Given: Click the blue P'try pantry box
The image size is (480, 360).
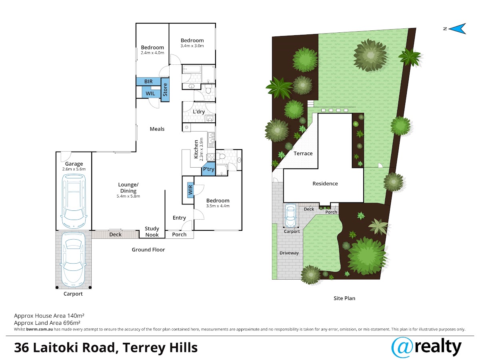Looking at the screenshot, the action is (208, 169).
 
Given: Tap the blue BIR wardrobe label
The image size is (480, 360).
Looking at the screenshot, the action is (148, 82).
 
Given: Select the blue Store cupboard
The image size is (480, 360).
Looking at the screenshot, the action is (165, 90).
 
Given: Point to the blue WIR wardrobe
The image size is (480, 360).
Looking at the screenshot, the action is (190, 190).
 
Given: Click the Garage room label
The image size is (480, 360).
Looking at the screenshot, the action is (74, 164).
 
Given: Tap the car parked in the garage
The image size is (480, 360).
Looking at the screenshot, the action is (74, 201).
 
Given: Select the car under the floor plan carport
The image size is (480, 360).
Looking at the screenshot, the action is (74, 260).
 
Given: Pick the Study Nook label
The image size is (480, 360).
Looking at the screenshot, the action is (152, 232).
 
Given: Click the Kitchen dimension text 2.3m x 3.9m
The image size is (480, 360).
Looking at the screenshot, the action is (202, 149).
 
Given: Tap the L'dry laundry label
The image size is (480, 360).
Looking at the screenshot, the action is (198, 112).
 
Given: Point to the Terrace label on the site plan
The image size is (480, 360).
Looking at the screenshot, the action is (303, 154).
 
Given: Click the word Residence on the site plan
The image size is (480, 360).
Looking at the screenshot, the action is (325, 184).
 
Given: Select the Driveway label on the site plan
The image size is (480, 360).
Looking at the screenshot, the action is (289, 253).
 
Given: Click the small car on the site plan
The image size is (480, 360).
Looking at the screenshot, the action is (291, 215).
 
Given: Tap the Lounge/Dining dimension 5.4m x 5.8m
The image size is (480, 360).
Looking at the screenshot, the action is (128, 196).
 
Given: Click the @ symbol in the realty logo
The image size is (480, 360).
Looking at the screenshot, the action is (402, 348).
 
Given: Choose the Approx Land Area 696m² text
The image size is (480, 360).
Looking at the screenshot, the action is (47, 323).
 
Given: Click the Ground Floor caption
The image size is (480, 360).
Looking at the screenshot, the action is (148, 250).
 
